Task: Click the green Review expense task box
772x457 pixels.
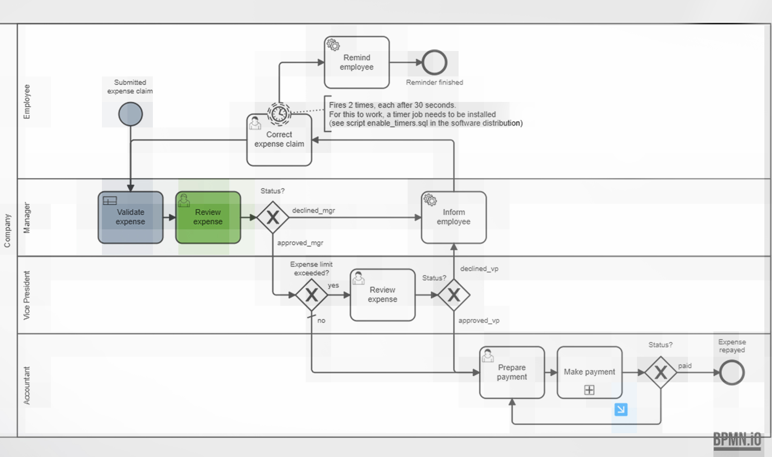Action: (208, 217)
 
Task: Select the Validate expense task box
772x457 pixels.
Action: (130, 217)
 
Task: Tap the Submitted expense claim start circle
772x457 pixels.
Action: (130, 114)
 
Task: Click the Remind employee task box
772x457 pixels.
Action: (357, 62)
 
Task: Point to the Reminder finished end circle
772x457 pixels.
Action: (434, 62)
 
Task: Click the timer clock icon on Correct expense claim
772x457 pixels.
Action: (279, 113)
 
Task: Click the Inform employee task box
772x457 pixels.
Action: (454, 217)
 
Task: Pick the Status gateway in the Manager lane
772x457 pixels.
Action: (273, 217)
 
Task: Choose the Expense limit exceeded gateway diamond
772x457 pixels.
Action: (311, 295)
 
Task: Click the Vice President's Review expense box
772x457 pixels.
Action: (382, 295)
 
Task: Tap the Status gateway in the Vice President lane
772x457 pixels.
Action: (454, 295)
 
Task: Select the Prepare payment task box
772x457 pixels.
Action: (512, 372)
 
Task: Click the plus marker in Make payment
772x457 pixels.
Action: (589, 390)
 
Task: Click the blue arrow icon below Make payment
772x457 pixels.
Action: (621, 409)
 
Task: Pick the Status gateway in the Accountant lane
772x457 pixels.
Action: (660, 372)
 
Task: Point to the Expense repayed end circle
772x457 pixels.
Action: (731, 372)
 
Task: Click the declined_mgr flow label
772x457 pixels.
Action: (313, 210)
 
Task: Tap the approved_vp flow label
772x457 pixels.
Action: (479, 321)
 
